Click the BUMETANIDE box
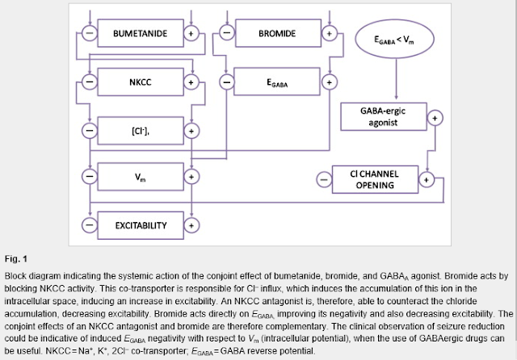(x=141, y=33)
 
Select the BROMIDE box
(x=278, y=33)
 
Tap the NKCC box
(x=141, y=82)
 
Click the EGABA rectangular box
(x=277, y=82)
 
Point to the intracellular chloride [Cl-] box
(x=141, y=131)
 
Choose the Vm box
(x=141, y=177)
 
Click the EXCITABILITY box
(x=141, y=225)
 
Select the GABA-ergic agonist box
(x=384, y=116)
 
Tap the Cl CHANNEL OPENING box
(x=375, y=179)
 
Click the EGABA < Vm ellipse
(x=395, y=39)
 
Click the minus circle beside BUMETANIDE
(x=90, y=33)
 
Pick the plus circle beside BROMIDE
(x=329, y=33)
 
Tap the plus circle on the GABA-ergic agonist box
(x=435, y=118)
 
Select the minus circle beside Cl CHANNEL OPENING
(x=324, y=179)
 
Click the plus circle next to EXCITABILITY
(x=191, y=225)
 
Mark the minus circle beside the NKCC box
(x=90, y=82)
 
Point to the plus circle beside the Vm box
(x=191, y=177)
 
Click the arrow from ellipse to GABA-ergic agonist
(x=396, y=79)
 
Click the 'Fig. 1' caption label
(x=16, y=259)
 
